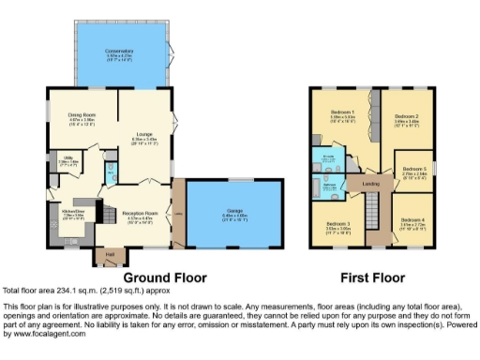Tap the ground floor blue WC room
111,170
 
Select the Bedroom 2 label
406,118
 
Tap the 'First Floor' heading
372,278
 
